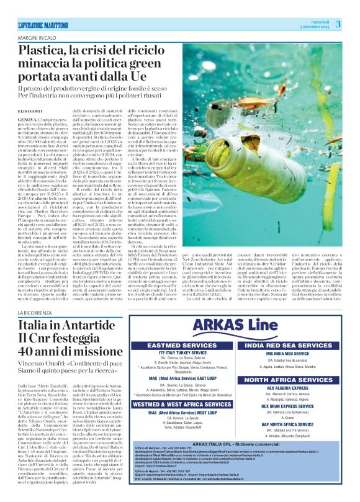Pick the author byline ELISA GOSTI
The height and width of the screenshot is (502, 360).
[x=30, y=110]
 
